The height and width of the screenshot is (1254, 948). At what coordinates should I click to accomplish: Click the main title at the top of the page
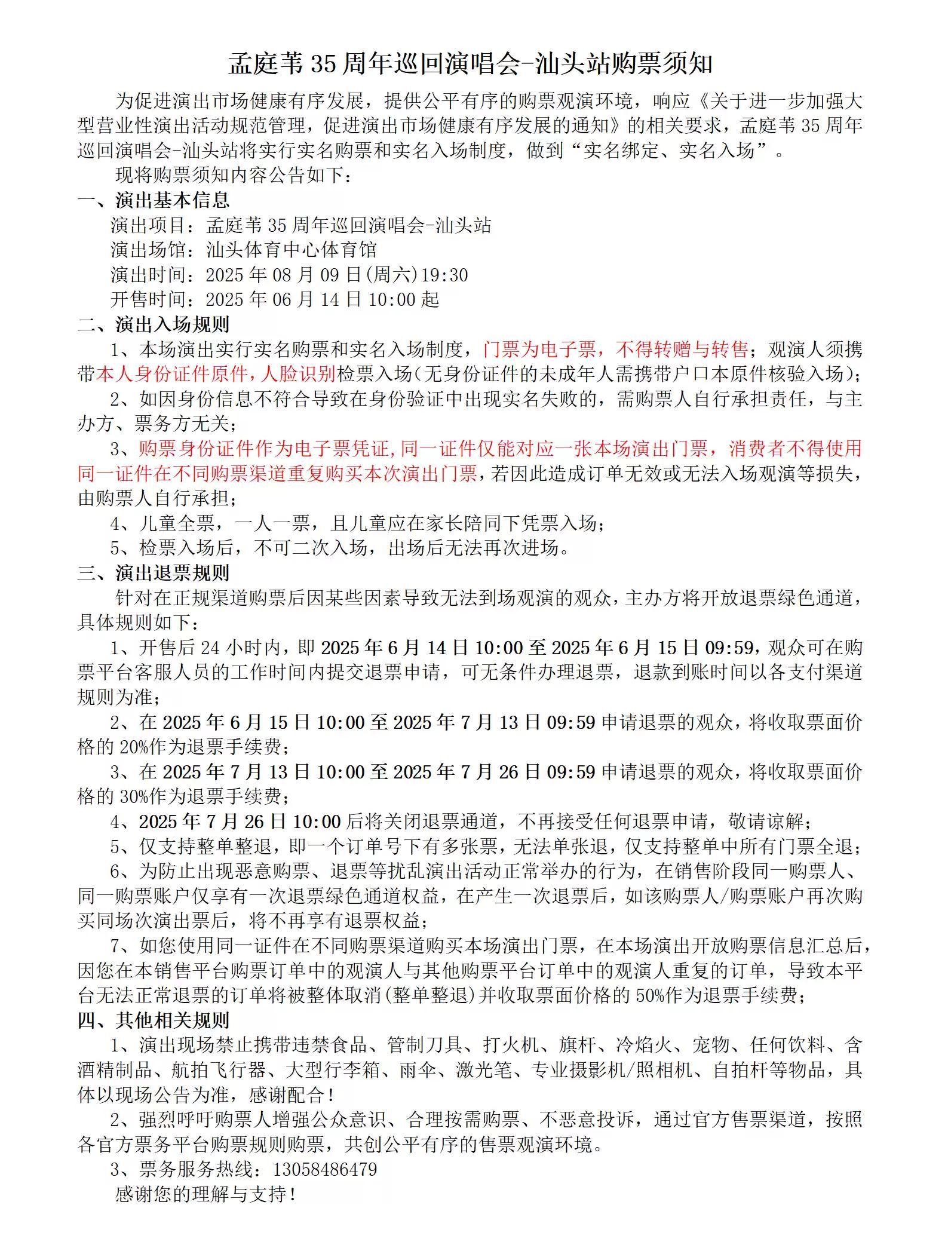pyautogui.click(x=470, y=64)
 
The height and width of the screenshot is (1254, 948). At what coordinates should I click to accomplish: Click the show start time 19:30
pyautogui.click(x=444, y=275)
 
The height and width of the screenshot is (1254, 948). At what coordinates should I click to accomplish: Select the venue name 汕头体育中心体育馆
pyautogui.click(x=291, y=250)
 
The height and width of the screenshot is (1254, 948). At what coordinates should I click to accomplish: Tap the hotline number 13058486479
pyautogui.click(x=325, y=1169)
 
